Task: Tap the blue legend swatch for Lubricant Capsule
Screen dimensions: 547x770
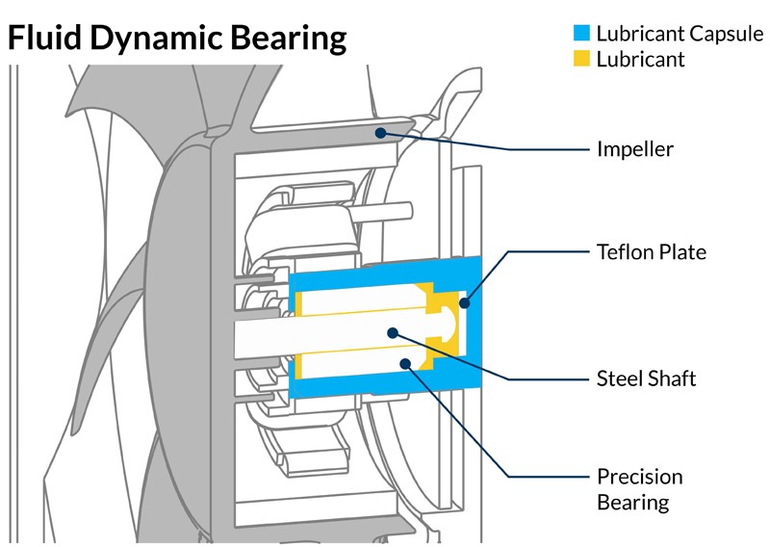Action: tap(581, 33)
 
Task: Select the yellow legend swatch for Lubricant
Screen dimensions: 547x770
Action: tap(581, 60)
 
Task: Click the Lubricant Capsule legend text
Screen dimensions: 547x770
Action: tap(679, 34)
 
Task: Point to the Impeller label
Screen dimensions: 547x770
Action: tap(635, 149)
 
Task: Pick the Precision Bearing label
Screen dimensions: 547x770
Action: tap(639, 489)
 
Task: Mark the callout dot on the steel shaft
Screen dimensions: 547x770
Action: tap(392, 332)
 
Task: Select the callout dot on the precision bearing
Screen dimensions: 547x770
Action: tap(405, 365)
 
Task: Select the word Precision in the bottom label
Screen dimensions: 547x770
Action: tap(639, 477)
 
